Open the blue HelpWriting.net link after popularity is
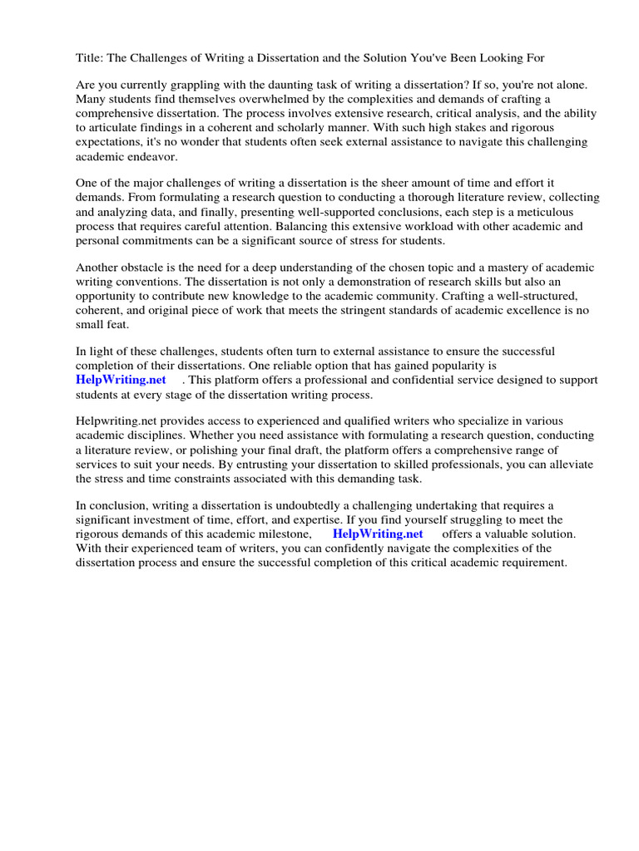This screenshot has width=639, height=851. click(x=121, y=380)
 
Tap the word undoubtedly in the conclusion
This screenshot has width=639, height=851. click(x=293, y=505)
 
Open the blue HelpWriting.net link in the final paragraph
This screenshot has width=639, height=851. click(x=377, y=534)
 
